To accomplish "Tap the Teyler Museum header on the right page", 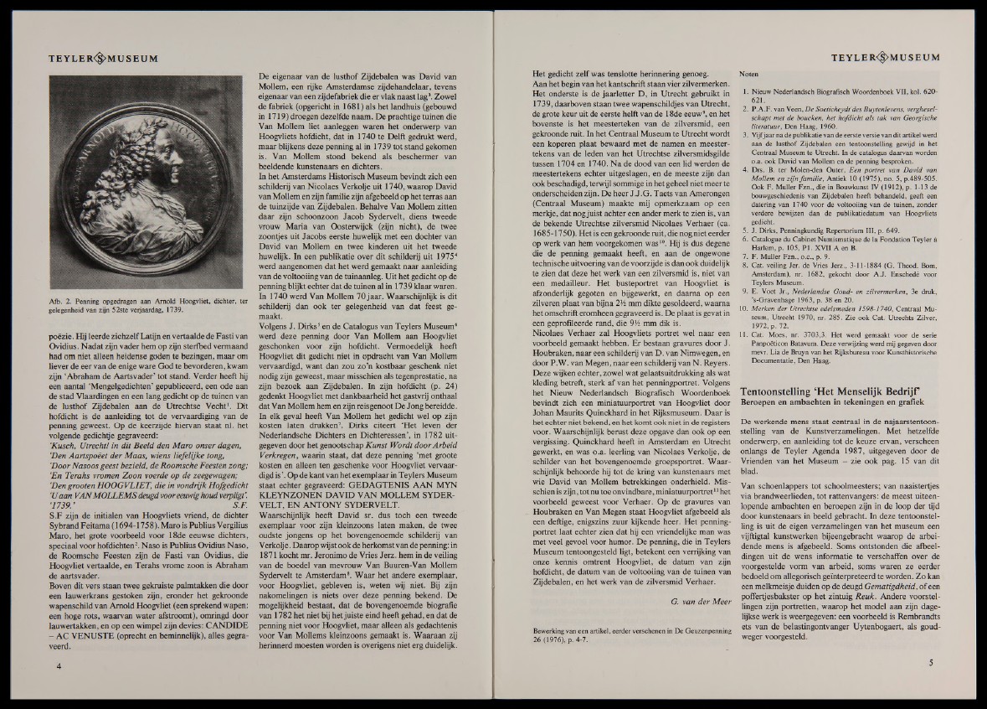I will pyautogui.click(x=885, y=58).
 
